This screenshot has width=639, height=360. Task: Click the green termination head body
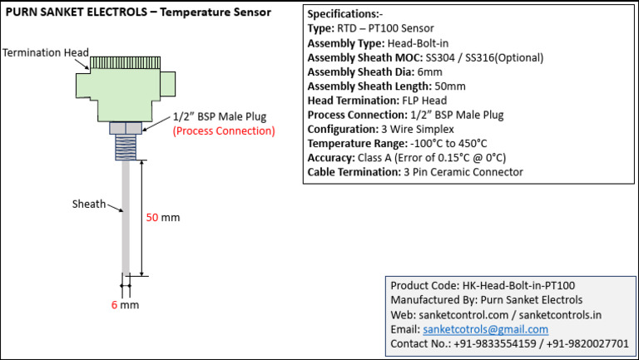coord(125,91)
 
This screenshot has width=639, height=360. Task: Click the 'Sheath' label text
coord(89,203)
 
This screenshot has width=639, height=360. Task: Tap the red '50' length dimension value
coord(152,218)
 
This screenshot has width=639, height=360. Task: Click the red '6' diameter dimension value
coord(114,305)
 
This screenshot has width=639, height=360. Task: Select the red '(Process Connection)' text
coord(223,131)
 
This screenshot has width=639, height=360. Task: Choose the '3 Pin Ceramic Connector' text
coord(463,172)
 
